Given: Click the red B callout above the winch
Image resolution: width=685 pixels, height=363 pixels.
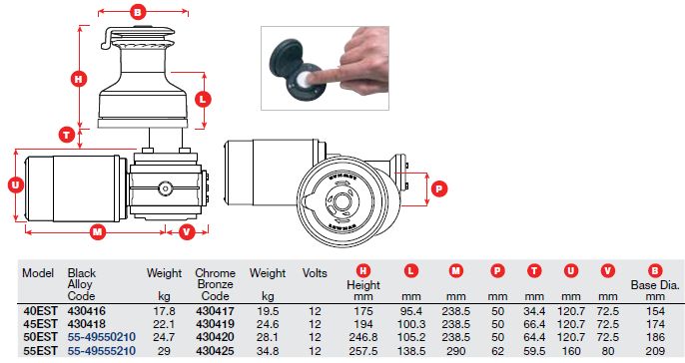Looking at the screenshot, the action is point(138,12).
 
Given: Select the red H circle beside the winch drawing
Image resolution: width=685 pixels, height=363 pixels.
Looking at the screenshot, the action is point(79,79).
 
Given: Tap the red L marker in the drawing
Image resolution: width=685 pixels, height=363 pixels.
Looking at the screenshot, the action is point(203,100).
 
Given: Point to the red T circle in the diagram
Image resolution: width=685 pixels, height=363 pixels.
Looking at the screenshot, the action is point(67,135).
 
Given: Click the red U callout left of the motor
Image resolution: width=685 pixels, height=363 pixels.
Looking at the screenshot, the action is point(16,185).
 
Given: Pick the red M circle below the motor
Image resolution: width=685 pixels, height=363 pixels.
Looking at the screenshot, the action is point(98,231).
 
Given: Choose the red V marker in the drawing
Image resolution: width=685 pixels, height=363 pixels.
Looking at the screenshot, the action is point(187,231).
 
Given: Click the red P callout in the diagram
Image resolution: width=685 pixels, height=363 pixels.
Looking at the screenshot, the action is point(439,188).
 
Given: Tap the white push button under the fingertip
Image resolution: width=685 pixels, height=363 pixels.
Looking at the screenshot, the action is point(302,79).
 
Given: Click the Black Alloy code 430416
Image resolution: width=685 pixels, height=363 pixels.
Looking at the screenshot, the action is point(87,311).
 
